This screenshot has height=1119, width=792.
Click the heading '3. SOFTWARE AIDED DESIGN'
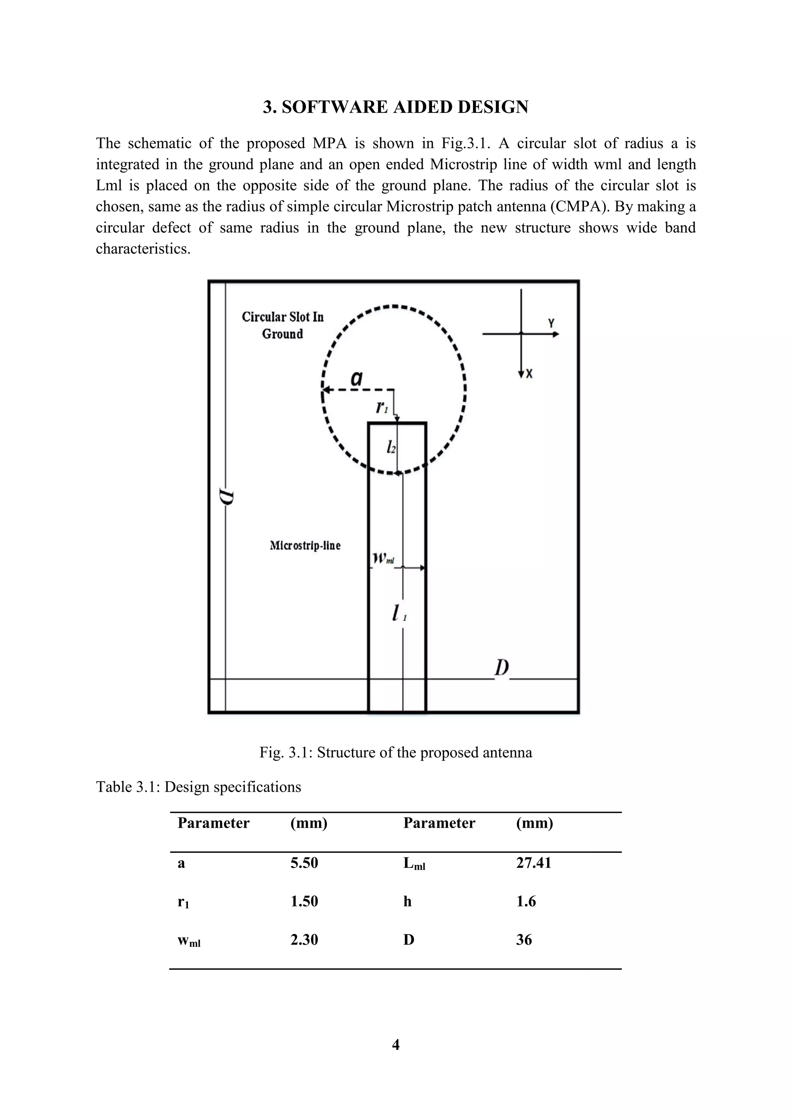[396, 107]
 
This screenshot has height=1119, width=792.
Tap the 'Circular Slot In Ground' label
[283, 325]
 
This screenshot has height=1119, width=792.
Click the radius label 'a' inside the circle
[357, 378]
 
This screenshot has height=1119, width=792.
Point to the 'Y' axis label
[551, 323]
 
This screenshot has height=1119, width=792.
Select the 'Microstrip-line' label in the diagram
[305, 545]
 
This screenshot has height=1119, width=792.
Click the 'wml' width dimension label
[383, 558]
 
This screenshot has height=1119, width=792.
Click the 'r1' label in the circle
[382, 406]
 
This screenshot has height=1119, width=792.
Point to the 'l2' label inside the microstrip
[391, 446]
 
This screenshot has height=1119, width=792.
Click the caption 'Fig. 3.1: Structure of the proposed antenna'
[396, 752]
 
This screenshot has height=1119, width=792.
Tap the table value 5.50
[304, 863]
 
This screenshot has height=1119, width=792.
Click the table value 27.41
[534, 863]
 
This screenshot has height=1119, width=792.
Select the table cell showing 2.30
[304, 940]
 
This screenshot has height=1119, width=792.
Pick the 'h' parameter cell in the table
[408, 901]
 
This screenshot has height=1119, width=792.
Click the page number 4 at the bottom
[396, 1044]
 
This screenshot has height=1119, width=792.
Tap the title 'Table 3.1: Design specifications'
[198, 787]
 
